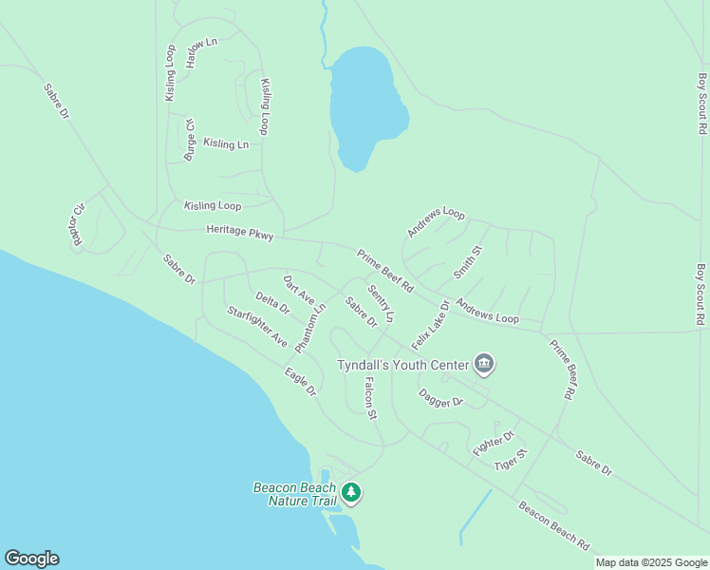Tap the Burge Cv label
coord(190,140)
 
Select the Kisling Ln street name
coord(226,144)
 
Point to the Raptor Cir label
coord(78,224)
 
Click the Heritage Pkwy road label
coord(239,232)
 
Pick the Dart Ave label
coord(299,290)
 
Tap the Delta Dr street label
coord(272,305)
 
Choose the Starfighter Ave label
coord(256,326)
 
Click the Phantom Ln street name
coord(310,328)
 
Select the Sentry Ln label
coord(381,303)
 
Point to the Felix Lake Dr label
coord(430,324)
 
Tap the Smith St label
coord(468,262)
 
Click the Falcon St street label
coord(371,398)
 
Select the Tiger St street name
coord(511,460)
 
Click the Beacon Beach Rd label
coord(553,525)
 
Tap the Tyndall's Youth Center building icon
coord(484,364)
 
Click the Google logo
coord(31,559)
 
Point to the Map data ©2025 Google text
coord(651,562)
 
